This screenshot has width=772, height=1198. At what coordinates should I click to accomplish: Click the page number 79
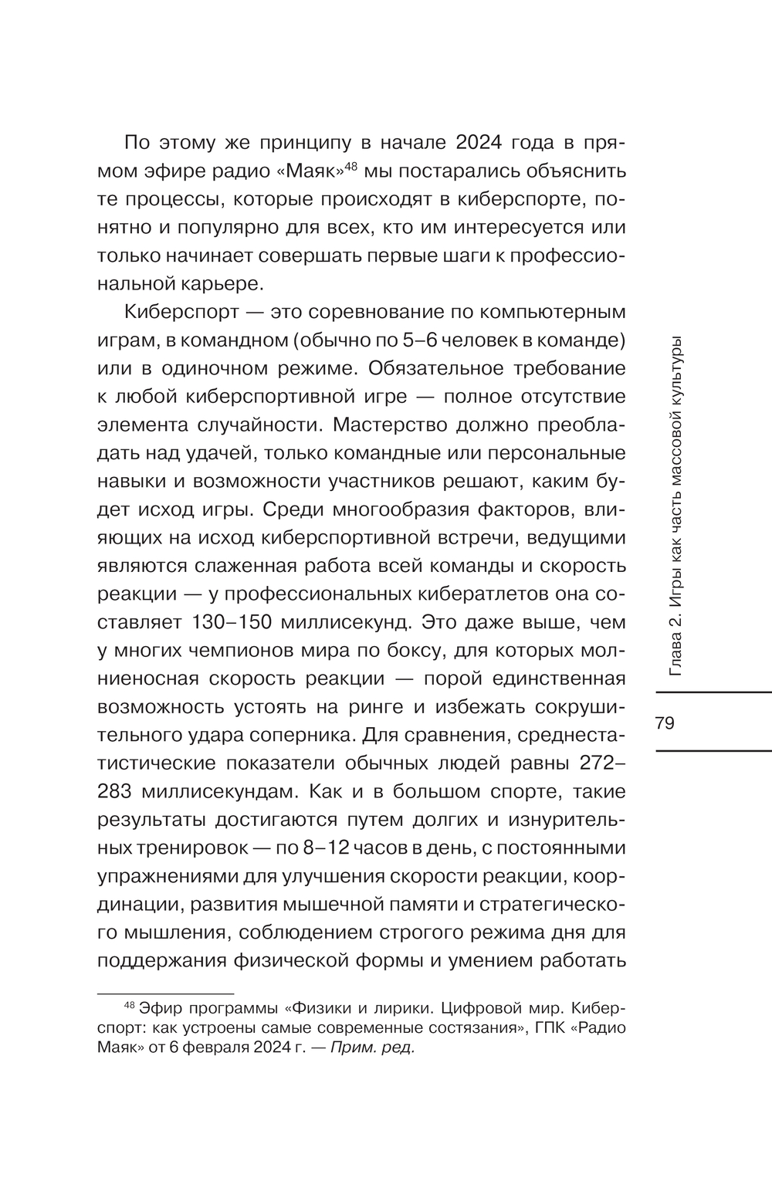tap(664, 723)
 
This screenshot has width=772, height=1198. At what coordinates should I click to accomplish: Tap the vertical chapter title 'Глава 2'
tap(677, 640)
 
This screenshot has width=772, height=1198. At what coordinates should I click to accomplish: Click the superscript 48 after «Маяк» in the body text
tap(351, 164)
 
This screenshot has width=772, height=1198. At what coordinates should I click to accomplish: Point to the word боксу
tap(405, 650)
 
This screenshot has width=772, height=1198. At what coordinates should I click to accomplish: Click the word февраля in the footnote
tap(209, 1048)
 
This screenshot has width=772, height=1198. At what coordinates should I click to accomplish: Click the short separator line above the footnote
tap(166, 993)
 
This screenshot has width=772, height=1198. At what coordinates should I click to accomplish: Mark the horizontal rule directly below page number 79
tap(711, 750)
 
